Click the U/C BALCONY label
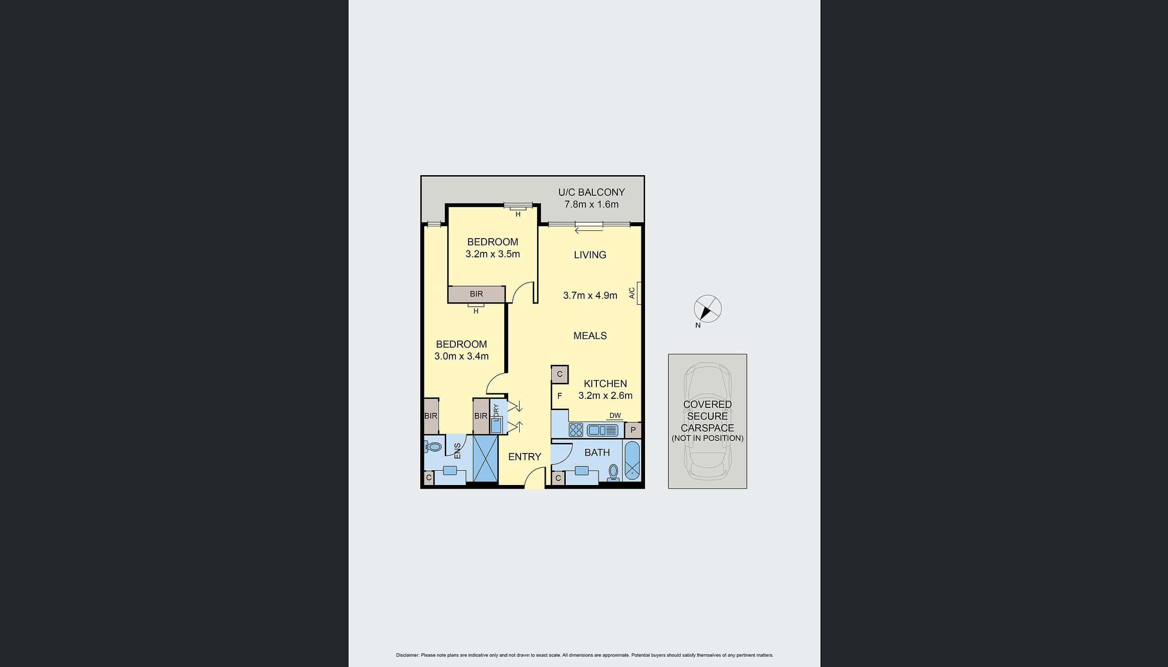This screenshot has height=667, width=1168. (591, 193)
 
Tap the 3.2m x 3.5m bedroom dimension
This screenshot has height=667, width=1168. (493, 254)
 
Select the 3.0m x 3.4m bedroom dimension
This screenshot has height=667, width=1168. (461, 356)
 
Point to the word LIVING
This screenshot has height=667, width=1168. (590, 255)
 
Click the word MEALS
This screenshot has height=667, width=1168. (590, 336)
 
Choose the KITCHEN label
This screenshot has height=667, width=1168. (605, 383)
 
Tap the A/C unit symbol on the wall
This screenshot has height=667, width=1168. (638, 293)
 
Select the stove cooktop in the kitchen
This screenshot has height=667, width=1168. (576, 430)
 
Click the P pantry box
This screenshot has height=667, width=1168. (633, 430)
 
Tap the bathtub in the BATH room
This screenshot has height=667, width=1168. (632, 461)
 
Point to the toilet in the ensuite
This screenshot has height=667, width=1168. (433, 446)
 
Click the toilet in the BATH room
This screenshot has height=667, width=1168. (613, 472)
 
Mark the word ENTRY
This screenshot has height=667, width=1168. (524, 457)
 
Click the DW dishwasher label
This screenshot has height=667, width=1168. (615, 416)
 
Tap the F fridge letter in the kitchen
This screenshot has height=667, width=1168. (559, 396)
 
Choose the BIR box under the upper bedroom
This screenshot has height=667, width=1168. (476, 294)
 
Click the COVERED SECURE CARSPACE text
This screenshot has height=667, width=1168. (707, 416)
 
